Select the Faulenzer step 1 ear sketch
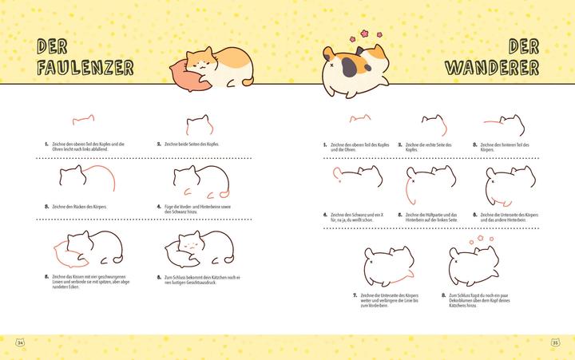(83, 121)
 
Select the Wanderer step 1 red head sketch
(359, 120)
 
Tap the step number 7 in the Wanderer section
(355, 295)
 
